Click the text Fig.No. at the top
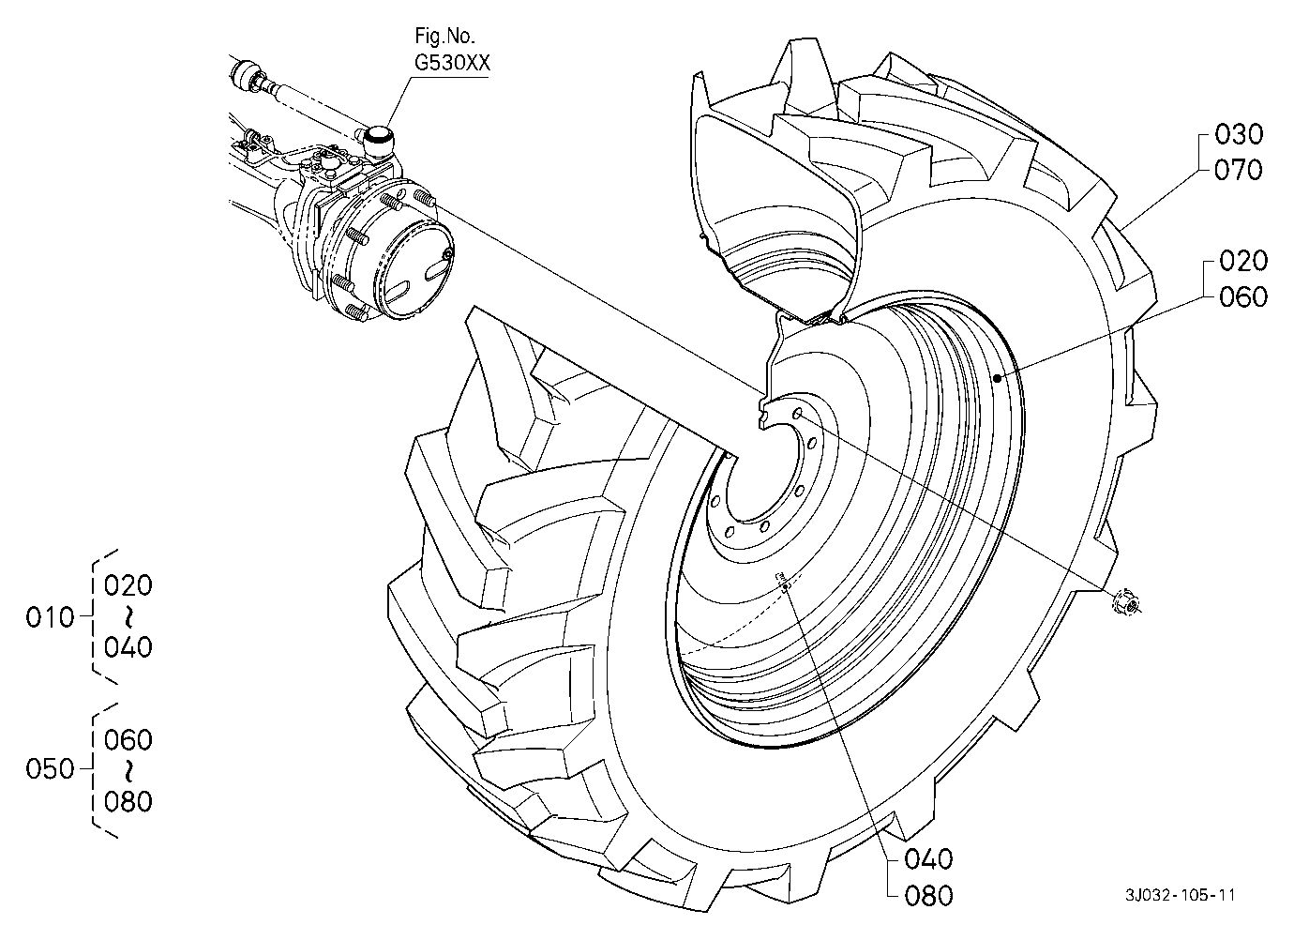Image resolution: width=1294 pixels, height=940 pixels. pyautogui.click(x=444, y=37)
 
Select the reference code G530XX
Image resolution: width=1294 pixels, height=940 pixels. pyautogui.click(x=452, y=63)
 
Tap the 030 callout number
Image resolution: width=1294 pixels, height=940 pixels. pyautogui.click(x=1239, y=134)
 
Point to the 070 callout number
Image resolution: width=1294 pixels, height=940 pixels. pyautogui.click(x=1239, y=171)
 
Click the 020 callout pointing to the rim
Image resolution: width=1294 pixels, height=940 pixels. pyautogui.click(x=1243, y=261)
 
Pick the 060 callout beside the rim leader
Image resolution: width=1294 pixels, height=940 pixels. pyautogui.click(x=1243, y=297)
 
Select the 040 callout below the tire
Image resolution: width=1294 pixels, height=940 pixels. pyautogui.click(x=928, y=859)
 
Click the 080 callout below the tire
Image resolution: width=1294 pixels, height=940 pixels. pyautogui.click(x=928, y=896)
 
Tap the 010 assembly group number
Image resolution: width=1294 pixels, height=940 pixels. pyautogui.click(x=51, y=617)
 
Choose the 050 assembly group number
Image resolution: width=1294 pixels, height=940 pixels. pyautogui.click(x=51, y=769)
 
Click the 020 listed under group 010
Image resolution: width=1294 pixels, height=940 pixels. pyautogui.click(x=128, y=585)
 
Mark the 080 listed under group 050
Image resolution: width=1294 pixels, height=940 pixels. pyautogui.click(x=128, y=802)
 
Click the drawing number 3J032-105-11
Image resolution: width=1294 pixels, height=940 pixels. pyautogui.click(x=1180, y=896)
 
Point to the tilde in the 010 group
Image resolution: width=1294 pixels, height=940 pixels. pyautogui.click(x=128, y=616)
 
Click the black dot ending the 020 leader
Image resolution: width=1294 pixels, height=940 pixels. pyautogui.click(x=997, y=379)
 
